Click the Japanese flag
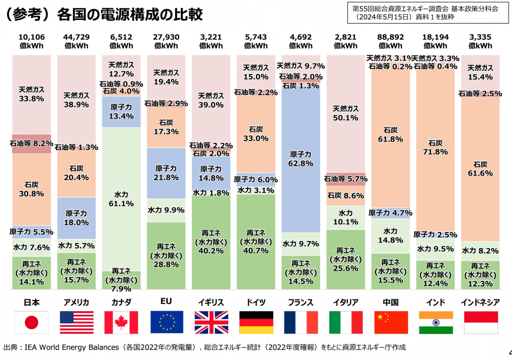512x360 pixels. coord(32,322)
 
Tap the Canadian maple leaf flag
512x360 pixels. coord(121,322)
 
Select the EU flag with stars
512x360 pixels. coord(166,322)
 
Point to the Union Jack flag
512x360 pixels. coord(211,322)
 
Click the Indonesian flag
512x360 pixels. coord(480,322)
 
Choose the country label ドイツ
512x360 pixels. coord(256,302)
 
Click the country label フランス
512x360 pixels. coord(301,302)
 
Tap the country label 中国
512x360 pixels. coord(390,302)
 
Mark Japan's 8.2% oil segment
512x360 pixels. coord(32,143)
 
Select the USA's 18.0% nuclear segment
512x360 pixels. coord(76,217)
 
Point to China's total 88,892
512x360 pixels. coord(390,37)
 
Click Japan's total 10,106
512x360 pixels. coord(32,37)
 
